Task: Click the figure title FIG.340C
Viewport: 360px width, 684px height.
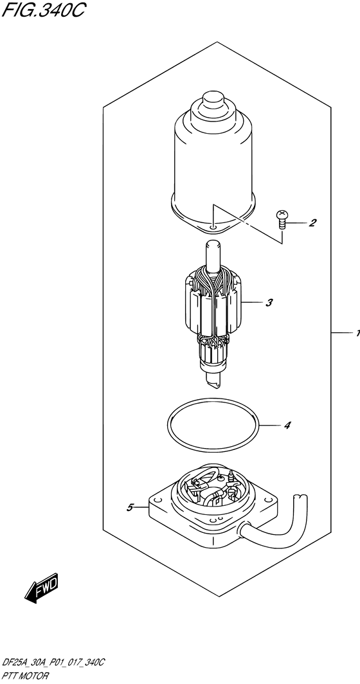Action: (x=42, y=9)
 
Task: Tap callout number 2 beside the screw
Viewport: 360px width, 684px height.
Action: (x=312, y=223)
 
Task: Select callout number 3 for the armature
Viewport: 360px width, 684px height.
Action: (x=269, y=302)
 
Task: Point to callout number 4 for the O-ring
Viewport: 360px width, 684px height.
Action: (x=287, y=425)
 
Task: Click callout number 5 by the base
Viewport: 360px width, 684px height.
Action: (x=130, y=507)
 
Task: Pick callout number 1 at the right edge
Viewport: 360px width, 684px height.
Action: (x=357, y=333)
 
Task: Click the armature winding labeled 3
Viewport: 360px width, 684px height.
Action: (x=213, y=305)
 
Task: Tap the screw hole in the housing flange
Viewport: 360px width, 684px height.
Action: (x=212, y=227)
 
